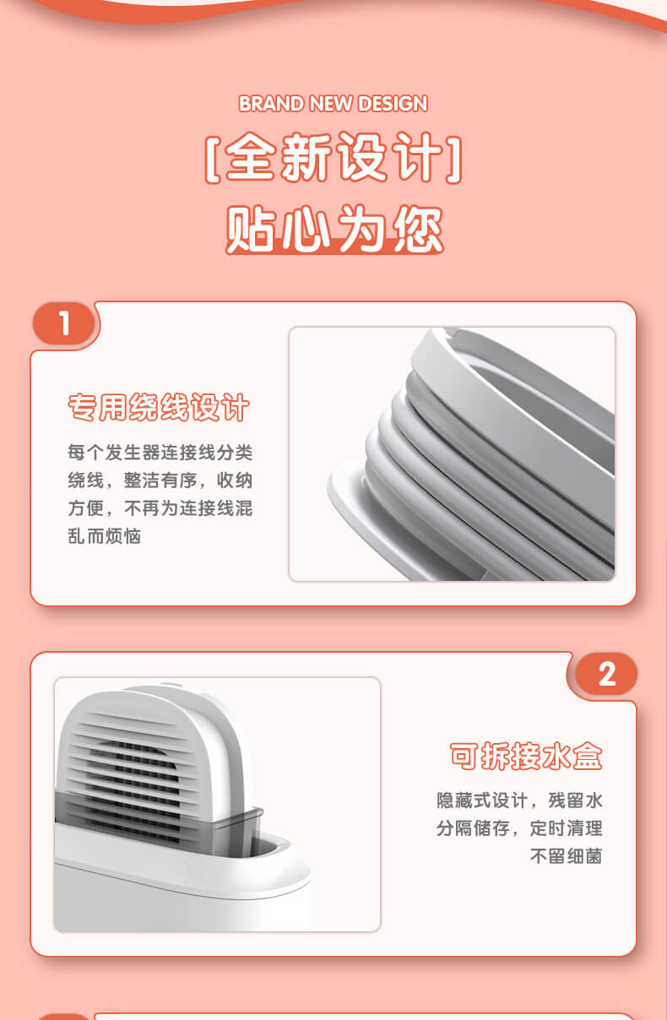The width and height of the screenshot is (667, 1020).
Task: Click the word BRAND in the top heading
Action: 271,104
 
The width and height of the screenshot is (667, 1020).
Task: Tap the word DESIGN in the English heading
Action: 393,104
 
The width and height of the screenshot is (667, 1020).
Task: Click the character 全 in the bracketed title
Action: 252,157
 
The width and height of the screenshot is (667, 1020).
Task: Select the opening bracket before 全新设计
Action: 213,160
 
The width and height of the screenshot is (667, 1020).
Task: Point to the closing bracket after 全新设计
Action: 454,160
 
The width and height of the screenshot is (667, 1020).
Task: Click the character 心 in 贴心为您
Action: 305,229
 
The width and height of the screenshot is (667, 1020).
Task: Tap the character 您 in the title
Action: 418,229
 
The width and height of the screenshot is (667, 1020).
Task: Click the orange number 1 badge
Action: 65,323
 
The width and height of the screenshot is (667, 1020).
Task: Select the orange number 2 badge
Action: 606,674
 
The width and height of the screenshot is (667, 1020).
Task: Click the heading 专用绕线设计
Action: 158,408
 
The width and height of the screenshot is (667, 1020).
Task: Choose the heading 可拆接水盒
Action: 526,757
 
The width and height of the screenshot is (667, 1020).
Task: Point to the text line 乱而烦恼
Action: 104,536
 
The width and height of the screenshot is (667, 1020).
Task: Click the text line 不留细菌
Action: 566,856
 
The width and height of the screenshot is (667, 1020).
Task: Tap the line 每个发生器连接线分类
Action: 160,453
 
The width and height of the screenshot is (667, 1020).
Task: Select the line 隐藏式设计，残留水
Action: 519,800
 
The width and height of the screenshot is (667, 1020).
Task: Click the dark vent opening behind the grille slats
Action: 137,765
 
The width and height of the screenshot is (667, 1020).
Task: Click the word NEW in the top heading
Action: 331,104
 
